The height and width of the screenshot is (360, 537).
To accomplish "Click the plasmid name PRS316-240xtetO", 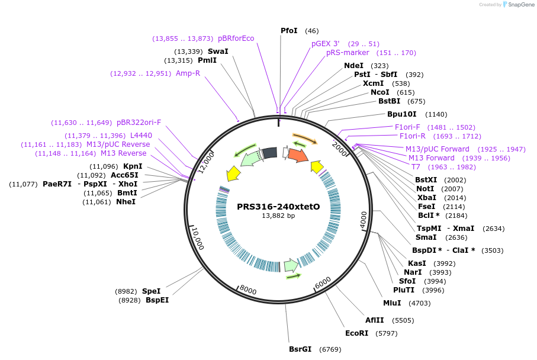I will tap(278, 207).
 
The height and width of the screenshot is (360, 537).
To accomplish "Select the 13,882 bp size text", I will tap(278, 216).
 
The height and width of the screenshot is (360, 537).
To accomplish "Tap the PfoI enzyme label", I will tap(289, 31).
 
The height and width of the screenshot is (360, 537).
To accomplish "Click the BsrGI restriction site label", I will tap(300, 349).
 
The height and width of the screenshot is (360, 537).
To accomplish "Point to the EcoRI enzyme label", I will tap(357, 333).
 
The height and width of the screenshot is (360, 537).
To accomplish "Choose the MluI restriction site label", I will tap(392, 303).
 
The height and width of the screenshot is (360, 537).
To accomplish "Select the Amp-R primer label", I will tap(188, 73).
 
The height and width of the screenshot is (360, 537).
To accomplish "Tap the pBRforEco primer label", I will tap(236, 38).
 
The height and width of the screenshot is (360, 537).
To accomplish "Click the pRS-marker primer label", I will tap(348, 53).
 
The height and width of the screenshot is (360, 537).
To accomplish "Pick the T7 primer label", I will tap(416, 167).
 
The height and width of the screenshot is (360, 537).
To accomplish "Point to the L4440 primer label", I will tap(141, 136).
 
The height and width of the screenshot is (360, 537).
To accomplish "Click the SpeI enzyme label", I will tap(151, 291).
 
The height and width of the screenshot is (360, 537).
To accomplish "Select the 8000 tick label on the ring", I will tap(248, 290).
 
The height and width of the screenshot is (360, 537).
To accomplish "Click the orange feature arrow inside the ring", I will tap(298, 155).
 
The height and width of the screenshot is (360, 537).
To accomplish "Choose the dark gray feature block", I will tap(269, 153).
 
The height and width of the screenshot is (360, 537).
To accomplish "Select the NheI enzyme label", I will tap(126, 202).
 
